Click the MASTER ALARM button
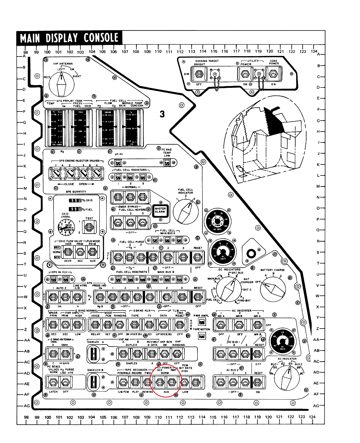click(160, 210)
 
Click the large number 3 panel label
click(162, 114)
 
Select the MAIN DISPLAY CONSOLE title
click(69, 38)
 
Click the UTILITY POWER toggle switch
click(245, 74)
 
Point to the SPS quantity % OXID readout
click(75, 200)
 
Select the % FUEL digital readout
click(75, 209)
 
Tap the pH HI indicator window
click(118, 163)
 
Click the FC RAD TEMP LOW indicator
click(167, 162)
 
